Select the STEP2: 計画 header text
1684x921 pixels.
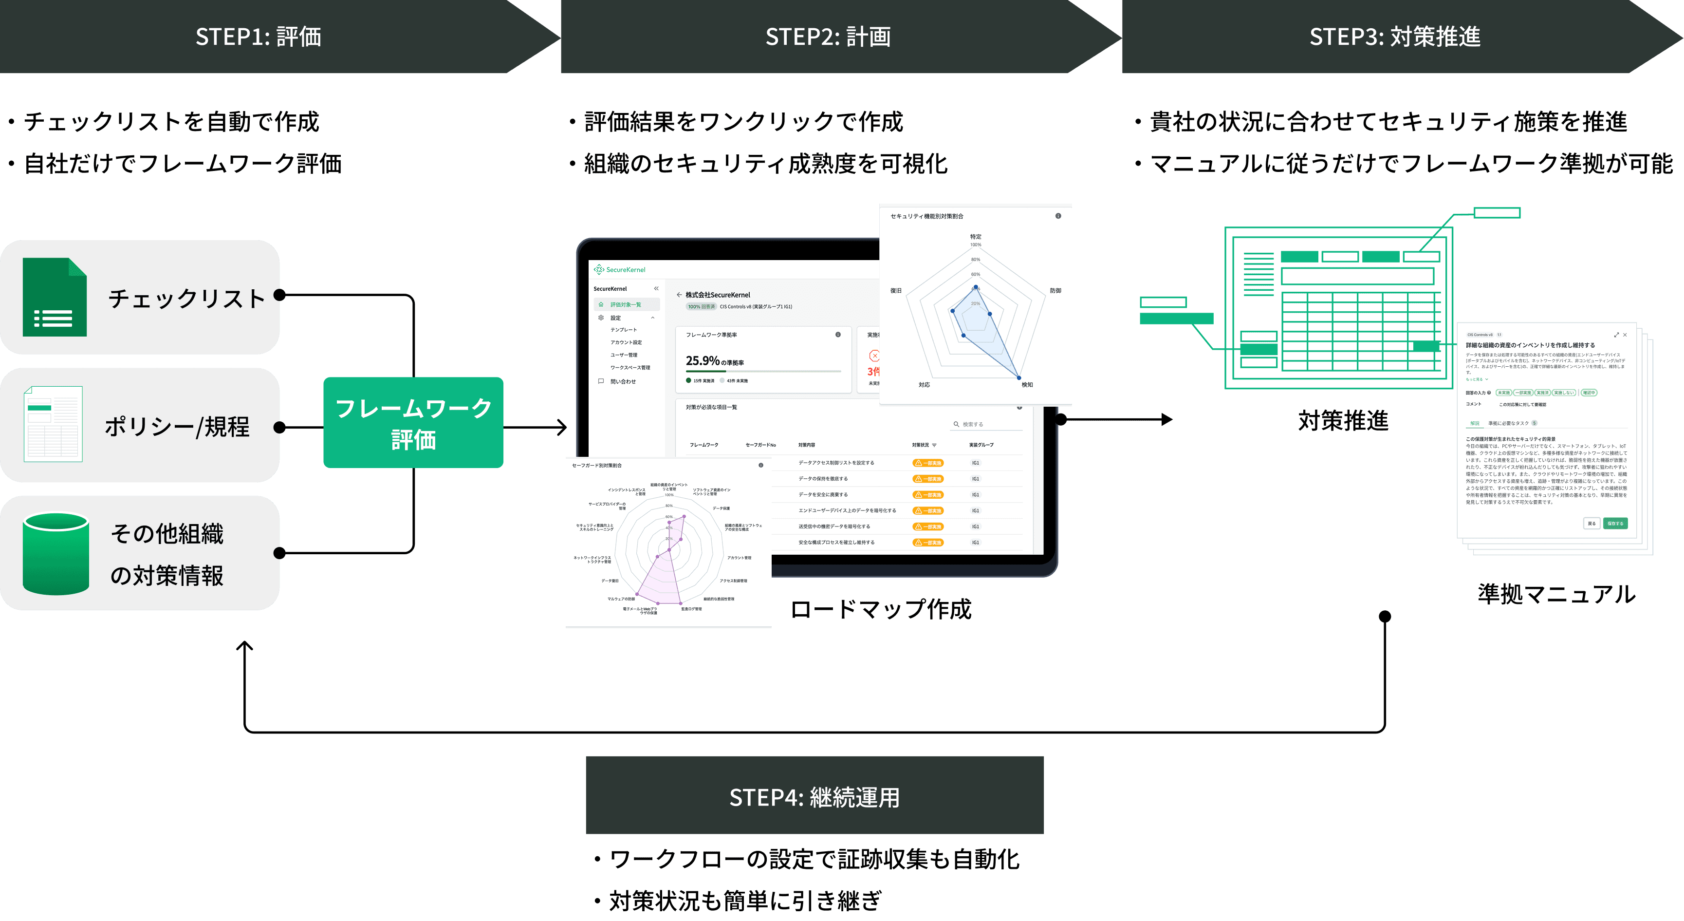[828, 37]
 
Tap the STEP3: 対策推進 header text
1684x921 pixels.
[1394, 37]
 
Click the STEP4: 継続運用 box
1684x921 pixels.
[814, 796]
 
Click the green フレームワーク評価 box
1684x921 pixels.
[413, 423]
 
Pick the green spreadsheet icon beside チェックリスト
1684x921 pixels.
[55, 298]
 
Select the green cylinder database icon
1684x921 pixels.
[56, 553]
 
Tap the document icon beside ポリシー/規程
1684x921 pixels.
[53, 424]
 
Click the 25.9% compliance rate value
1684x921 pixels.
[703, 360]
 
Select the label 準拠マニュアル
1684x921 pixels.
[1556, 594]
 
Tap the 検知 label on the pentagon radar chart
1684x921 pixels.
[1027, 385]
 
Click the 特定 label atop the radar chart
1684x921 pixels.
[975, 237]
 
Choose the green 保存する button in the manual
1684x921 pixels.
[1615, 523]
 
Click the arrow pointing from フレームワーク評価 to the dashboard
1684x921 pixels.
[536, 428]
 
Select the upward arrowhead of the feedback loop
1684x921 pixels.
[244, 648]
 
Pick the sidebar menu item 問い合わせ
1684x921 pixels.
[622, 381]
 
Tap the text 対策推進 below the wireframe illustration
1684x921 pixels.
[1343, 421]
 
